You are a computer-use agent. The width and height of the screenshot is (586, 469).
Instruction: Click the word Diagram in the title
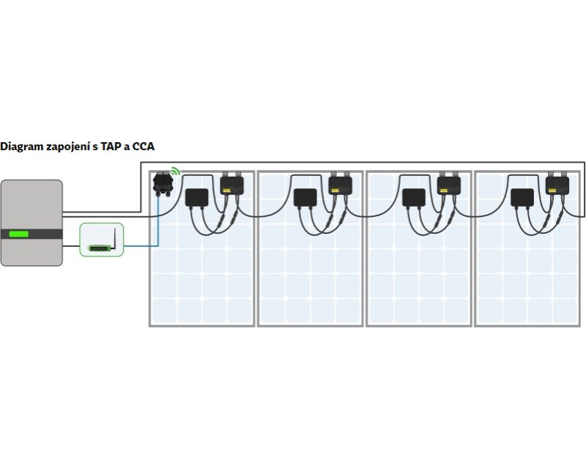[22, 147]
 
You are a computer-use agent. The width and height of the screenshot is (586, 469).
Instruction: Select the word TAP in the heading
[111, 147]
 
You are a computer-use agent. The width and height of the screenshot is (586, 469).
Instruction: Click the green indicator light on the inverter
[19, 234]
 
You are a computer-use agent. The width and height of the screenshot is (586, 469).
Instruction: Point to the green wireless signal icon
[175, 172]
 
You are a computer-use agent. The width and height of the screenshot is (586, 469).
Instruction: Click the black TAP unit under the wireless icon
[161, 184]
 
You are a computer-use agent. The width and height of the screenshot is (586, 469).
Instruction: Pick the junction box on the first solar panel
[196, 197]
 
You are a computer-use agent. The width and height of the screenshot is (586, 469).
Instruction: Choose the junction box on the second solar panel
[304, 197]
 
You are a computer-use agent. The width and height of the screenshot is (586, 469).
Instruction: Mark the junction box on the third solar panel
[413, 197]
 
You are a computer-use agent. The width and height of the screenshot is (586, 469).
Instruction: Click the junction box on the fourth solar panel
[522, 197]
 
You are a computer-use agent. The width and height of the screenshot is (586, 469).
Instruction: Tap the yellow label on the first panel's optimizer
[228, 190]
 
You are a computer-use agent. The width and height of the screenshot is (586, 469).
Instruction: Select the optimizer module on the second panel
[340, 184]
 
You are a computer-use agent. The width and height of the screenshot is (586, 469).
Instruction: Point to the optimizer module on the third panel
[449, 184]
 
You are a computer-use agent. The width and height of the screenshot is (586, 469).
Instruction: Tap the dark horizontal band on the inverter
[44, 234]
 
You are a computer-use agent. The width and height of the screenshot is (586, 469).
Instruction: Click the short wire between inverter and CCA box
[71, 246]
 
